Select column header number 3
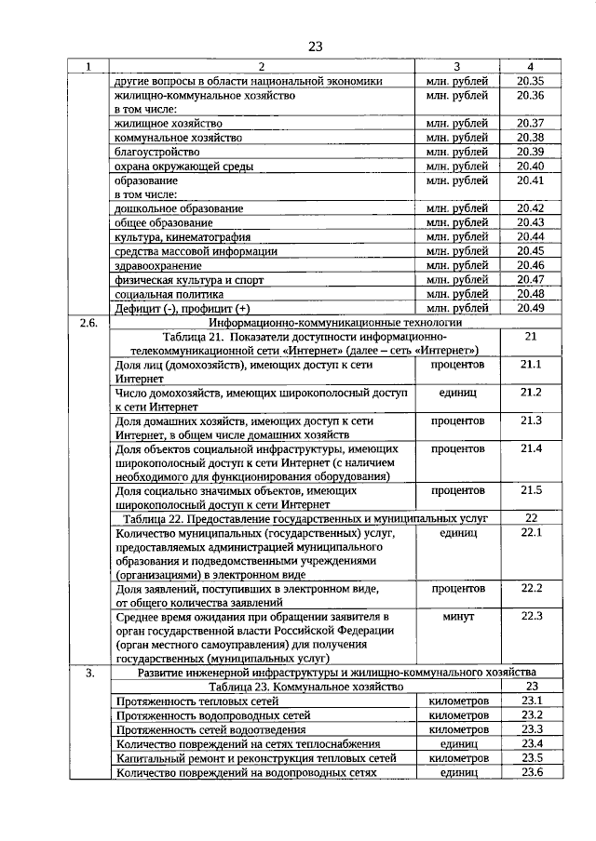tap(456, 66)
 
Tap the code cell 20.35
tap(530, 81)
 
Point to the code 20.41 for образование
tap(530, 180)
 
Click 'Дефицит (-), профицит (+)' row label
tap(183, 308)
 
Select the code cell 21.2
tap(531, 393)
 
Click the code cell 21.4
tap(531, 448)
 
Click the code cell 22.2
tap(531, 588)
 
